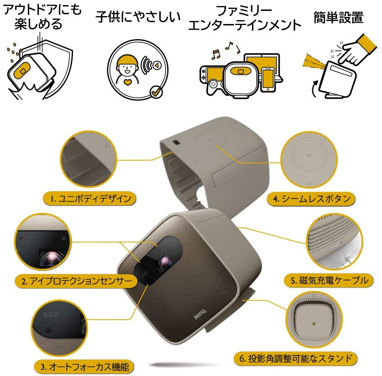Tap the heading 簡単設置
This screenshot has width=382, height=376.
[x=338, y=17]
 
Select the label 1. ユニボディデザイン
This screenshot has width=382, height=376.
[x=89, y=198]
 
